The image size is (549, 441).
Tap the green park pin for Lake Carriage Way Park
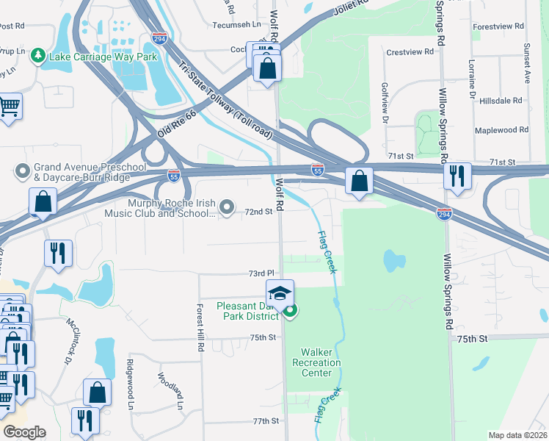pos(35,55)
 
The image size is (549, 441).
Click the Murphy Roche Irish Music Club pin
pos(228,206)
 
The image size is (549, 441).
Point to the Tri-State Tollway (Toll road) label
pos(225,101)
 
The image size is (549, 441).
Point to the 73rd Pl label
pos(261,273)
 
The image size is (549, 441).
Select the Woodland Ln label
pos(170,390)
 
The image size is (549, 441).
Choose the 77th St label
pos(266,421)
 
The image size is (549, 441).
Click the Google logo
pos(24,432)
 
